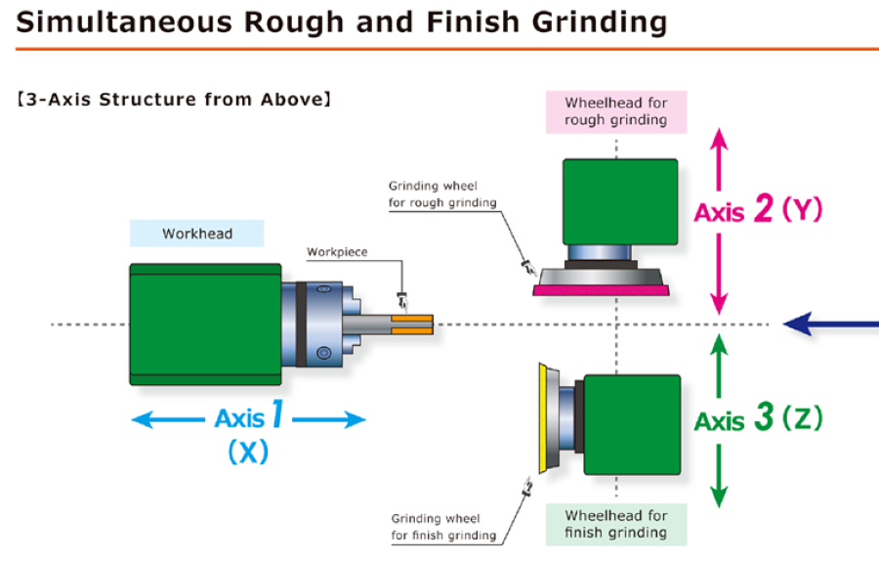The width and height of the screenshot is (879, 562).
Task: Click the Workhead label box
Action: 196,234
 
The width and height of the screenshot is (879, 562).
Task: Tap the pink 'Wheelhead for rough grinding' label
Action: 616,111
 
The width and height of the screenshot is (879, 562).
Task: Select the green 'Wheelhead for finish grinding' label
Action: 616,525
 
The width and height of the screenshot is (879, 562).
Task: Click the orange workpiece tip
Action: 412,324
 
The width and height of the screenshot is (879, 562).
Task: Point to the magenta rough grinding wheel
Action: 601,290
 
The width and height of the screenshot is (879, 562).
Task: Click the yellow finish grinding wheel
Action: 543,418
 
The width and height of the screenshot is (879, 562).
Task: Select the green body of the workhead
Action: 205,324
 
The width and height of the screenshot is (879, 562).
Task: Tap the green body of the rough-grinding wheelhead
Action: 620,202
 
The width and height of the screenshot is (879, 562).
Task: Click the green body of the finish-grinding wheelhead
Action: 632,424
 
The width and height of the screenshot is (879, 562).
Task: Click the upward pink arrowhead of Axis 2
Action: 719,138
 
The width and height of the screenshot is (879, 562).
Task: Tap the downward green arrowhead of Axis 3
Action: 719,497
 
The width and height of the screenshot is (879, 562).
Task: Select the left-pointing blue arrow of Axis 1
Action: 168,419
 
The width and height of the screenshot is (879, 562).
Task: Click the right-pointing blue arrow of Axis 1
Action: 329,419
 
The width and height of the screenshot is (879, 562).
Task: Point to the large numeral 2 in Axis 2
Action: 764,208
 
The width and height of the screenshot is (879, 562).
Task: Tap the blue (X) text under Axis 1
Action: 248,452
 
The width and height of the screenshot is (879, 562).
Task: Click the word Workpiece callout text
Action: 337,252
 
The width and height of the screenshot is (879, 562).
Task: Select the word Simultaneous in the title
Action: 124,22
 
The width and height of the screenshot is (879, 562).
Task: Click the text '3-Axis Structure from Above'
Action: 175,100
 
